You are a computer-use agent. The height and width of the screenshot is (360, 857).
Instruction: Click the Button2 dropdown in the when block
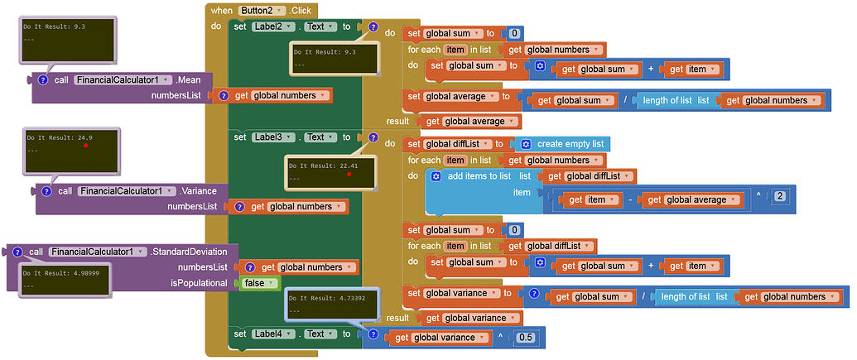coord(262,10)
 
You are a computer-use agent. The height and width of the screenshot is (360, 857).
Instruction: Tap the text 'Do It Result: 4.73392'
coord(321,300)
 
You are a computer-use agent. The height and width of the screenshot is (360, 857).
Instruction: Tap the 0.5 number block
coord(525,338)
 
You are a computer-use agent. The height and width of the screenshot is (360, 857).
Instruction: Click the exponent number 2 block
coord(779,195)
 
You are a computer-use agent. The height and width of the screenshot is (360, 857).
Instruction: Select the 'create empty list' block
coord(570,143)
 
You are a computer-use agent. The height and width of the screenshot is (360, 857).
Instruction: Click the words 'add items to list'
coord(479,176)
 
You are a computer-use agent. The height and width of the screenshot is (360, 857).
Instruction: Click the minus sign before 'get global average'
coord(631,199)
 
